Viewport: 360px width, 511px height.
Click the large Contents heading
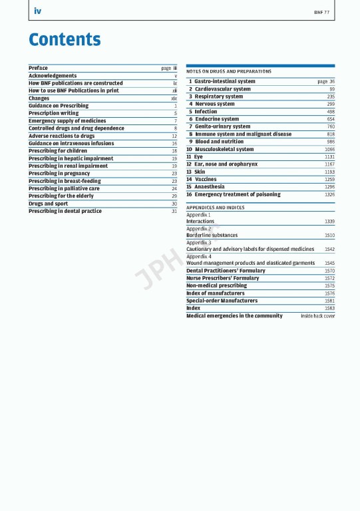(65, 40)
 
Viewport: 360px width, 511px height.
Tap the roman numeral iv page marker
(37, 11)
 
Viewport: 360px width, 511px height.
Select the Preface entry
(39, 68)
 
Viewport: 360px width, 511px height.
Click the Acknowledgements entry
(53, 76)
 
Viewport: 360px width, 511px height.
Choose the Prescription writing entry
(53, 113)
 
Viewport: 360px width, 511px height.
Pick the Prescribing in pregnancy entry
(59, 173)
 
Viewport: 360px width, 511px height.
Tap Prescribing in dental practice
(65, 211)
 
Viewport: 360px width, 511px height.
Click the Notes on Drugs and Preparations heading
(229, 71)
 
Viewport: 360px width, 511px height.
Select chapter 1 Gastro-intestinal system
(225, 81)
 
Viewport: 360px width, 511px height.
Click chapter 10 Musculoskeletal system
(224, 150)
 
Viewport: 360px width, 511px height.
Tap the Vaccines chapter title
(206, 179)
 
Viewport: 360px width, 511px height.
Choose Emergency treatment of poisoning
(238, 194)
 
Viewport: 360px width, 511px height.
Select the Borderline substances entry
(212, 235)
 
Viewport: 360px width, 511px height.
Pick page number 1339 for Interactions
(329, 222)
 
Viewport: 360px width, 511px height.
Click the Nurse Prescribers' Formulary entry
(223, 278)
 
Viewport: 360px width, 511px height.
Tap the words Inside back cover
(318, 316)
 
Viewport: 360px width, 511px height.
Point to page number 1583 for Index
(329, 308)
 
